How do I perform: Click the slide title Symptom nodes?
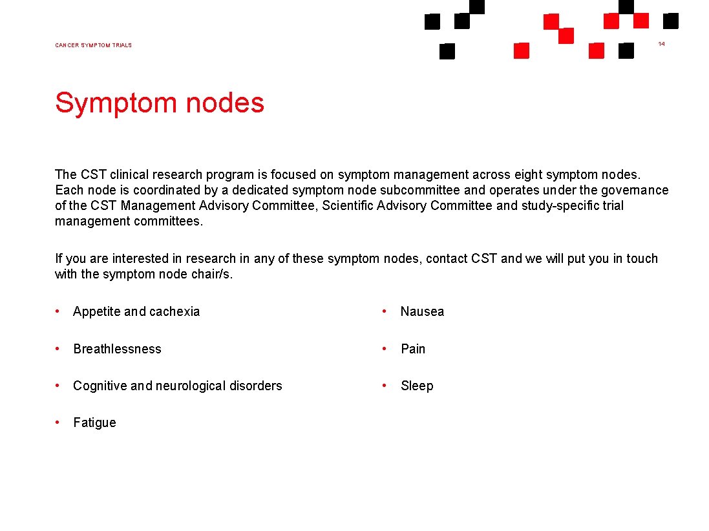coord(160,103)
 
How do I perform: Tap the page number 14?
coord(661,43)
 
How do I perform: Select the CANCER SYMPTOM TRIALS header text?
coord(93,45)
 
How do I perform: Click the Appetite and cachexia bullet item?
coord(136,311)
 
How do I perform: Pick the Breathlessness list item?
coord(117,349)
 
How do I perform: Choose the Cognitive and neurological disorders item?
coord(177,386)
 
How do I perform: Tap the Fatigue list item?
coord(94,422)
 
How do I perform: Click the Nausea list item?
coord(422,311)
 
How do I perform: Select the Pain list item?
coord(413,349)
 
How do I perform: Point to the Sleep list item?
coord(417,386)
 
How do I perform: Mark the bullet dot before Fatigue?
coord(58,422)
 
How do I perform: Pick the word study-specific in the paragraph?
coord(556,206)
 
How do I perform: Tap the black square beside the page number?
coord(671,21)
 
